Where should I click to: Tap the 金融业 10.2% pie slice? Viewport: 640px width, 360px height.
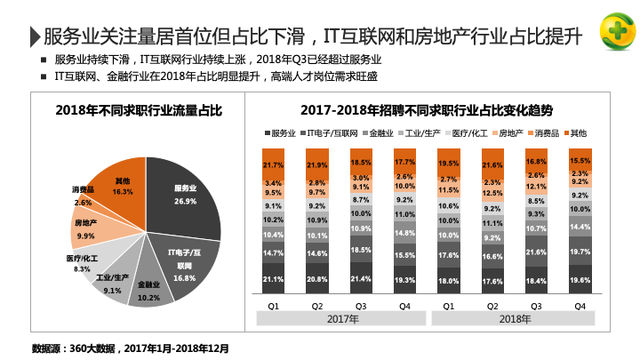tap(148, 290)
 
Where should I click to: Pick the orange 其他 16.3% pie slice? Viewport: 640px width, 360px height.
tap(123, 187)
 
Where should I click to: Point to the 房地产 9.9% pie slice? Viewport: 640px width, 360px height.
tap(87, 229)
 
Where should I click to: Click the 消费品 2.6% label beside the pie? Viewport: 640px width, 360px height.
tap(83, 196)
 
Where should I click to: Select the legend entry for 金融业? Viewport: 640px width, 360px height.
tap(380, 132)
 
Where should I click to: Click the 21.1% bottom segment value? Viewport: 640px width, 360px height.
tap(275, 279)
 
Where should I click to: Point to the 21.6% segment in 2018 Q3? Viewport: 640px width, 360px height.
tap(536, 252)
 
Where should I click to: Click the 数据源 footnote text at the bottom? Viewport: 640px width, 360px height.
tap(130, 347)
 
